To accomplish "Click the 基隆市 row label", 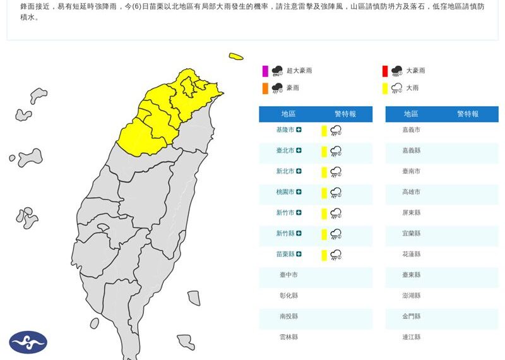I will coord(285,129).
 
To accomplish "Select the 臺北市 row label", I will coord(285,150).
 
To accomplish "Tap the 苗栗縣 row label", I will coord(285,254).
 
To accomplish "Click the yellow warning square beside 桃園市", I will coord(324,193).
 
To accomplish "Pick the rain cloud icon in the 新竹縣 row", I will coord(336,234).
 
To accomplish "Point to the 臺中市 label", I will coord(288,275).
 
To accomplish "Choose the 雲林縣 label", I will coord(288,337).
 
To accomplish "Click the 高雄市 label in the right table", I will coord(411,191).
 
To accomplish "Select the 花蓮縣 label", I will coord(411,254).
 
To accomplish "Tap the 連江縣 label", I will coord(411,337).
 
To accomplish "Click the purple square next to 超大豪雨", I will coord(266,71).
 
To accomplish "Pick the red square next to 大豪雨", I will coord(384,71).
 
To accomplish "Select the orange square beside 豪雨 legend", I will coord(266,88).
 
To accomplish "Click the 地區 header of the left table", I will coord(288,114).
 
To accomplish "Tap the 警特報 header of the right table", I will coord(468,114).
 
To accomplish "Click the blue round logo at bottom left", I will coord(28,342).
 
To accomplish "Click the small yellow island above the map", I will coord(236,57).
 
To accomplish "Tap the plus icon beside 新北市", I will coord(299,171).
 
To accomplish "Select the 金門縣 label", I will coord(411,316).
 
